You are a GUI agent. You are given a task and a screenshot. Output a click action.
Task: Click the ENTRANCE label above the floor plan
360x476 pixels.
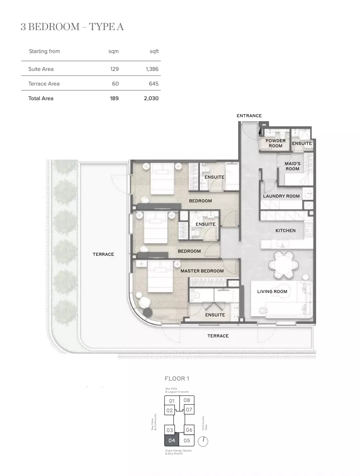[249, 116]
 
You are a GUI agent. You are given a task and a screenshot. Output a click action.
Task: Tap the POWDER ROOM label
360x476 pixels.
[275, 143]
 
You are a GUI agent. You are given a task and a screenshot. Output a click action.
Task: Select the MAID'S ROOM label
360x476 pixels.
[292, 166]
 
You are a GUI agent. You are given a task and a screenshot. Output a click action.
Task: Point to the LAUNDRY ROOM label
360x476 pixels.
[281, 196]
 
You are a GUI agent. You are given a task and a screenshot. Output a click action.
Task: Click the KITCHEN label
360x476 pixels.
[285, 230]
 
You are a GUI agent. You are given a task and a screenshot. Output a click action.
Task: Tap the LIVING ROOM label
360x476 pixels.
[272, 291]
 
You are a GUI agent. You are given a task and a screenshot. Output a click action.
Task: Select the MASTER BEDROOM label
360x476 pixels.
[202, 271]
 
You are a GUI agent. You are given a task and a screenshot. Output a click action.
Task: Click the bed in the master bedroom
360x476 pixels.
[161, 280]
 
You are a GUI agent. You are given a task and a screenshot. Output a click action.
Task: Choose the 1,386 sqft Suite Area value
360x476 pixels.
[152, 69]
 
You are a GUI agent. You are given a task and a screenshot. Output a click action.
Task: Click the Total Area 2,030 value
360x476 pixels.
[151, 98]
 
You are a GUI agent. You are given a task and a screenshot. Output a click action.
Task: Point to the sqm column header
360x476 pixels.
[114, 51]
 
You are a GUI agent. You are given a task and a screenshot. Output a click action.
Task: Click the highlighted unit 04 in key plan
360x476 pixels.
[172, 440]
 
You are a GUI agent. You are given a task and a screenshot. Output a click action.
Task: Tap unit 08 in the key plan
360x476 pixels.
[187, 400]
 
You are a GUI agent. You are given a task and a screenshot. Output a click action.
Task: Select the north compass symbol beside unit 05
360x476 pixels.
[203, 441]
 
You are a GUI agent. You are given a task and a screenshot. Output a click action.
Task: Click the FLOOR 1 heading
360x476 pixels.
[177, 379]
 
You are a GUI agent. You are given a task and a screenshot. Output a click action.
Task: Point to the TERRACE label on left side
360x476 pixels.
[103, 254]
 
